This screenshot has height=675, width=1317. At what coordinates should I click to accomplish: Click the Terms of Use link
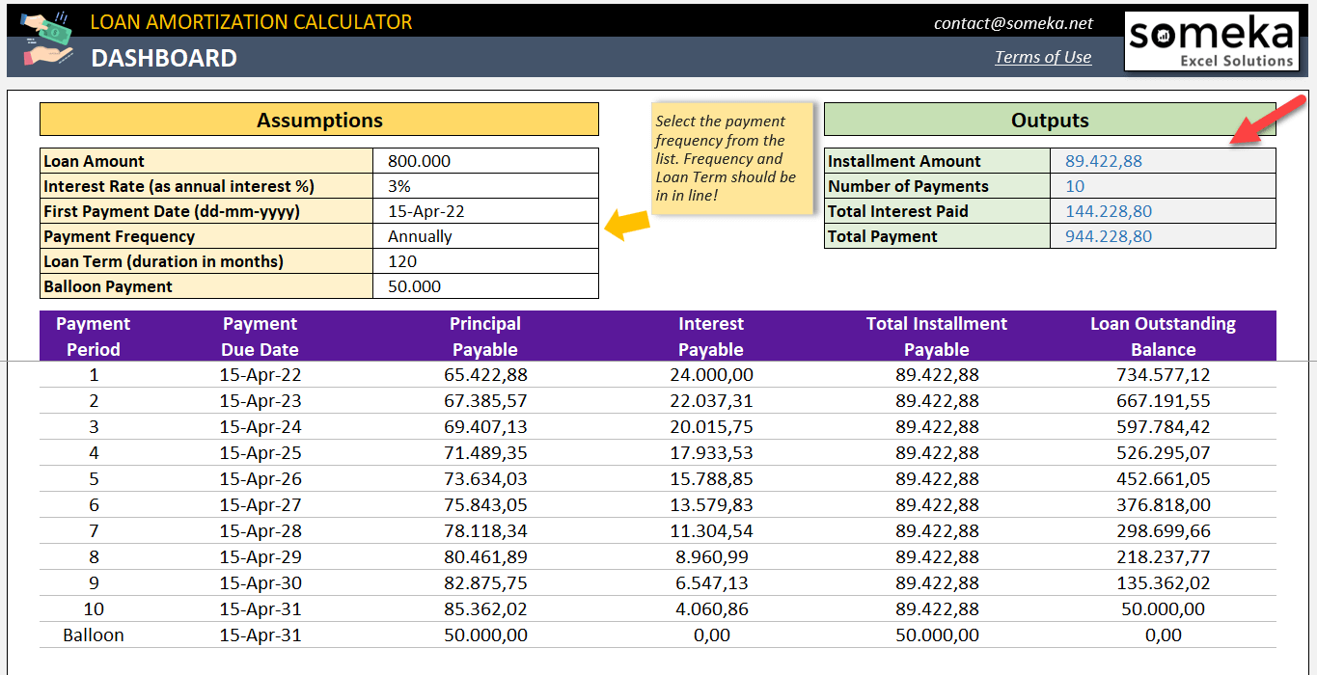1043,57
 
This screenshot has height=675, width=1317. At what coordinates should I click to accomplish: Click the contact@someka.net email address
1013,23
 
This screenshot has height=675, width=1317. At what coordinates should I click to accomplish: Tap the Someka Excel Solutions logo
1211,40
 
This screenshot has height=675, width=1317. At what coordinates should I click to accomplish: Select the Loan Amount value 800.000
419,161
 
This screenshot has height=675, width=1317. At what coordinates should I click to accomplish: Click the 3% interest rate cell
399,186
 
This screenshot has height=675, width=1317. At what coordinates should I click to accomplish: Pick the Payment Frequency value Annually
420,236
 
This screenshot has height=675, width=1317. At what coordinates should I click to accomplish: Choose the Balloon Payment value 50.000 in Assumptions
414,286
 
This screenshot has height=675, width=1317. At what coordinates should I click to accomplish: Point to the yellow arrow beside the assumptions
626,225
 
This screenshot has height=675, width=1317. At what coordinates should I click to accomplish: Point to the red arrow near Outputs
1253,126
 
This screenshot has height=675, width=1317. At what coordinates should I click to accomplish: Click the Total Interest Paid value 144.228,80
1108,211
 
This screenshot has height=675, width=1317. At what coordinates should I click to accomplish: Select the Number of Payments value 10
1075,186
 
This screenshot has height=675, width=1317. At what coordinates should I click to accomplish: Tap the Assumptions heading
319,121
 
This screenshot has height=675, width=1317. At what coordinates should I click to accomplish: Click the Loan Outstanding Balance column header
1163,337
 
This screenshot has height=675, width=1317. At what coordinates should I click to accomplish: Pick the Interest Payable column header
711,337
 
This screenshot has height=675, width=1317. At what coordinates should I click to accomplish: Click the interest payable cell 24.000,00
711,375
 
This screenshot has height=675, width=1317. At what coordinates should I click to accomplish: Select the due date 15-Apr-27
261,504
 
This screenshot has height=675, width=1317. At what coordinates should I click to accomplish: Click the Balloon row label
94,634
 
